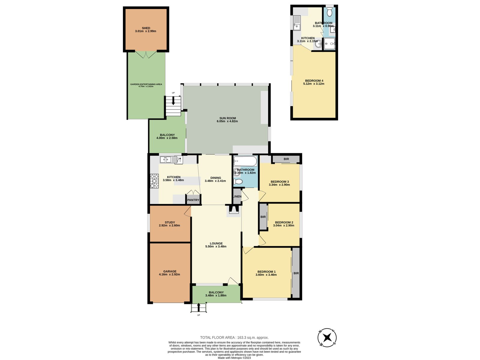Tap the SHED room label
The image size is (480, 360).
click(x=146, y=28)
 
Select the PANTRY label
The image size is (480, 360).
click(x=193, y=200)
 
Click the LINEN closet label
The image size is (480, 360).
click(x=237, y=196)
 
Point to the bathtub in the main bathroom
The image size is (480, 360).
click(x=245, y=161)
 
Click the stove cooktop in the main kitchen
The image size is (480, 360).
click(x=154, y=181)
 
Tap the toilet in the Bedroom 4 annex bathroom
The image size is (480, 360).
click(x=329, y=12)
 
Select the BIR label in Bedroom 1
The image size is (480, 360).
click(x=296, y=273)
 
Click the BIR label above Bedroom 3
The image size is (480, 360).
click(x=286, y=159)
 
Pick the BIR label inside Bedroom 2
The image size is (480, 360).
click(x=263, y=217)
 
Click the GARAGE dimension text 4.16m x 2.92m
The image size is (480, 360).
click(x=169, y=274)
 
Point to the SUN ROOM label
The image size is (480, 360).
click(x=227, y=118)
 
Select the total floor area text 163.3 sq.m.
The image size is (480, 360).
click(x=234, y=337)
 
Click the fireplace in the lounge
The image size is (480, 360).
click(x=233, y=210)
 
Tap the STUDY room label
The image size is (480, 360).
click(x=170, y=222)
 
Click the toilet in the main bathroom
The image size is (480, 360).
click(x=238, y=181)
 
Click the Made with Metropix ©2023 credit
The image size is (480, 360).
click(x=234, y=358)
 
